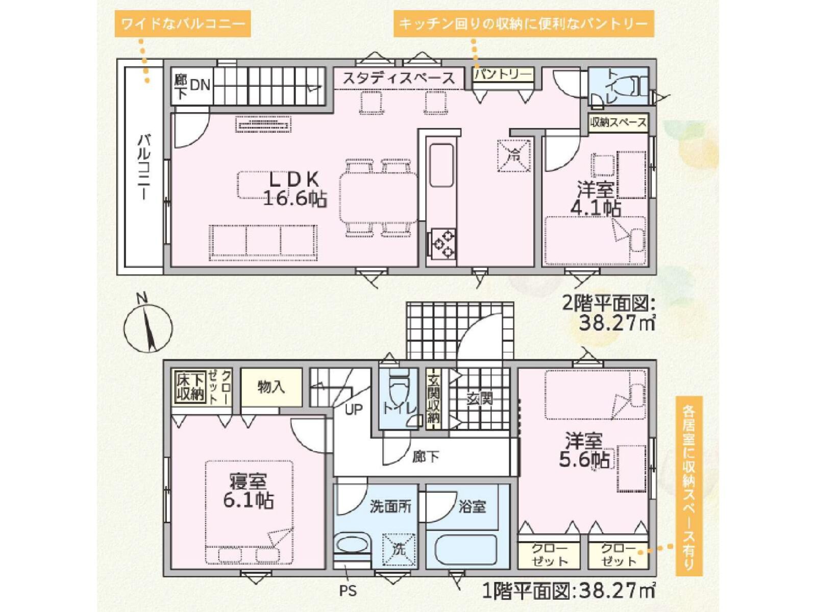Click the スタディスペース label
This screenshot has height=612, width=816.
point(399,79)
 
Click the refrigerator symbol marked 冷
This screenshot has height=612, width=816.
point(514,155)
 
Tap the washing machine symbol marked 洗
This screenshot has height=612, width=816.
point(399,550)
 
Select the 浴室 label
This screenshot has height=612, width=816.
point(472,507)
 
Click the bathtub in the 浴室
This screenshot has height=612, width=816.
point(465,552)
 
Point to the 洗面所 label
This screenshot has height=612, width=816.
point(390,507)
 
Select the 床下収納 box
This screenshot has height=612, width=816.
point(190,387)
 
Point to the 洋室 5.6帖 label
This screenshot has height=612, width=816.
point(584,451)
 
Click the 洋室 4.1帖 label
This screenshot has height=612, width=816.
point(596,200)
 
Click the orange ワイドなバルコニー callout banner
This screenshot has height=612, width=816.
point(183,24)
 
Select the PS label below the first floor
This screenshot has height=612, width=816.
point(348,591)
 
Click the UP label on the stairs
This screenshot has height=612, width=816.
point(353,410)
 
